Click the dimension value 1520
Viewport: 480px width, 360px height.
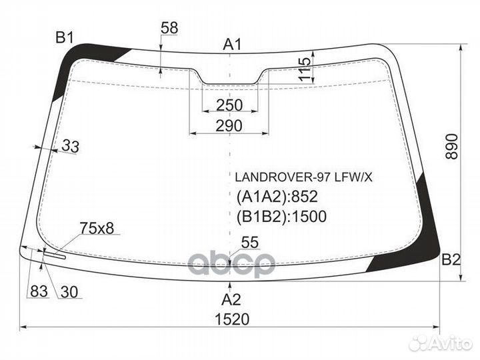(x=231, y=319)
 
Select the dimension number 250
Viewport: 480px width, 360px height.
(x=229, y=105)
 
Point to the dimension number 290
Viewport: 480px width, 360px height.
(x=229, y=125)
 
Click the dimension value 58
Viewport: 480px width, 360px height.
(x=169, y=28)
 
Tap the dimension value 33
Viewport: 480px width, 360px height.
(x=70, y=146)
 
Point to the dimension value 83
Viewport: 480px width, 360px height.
(x=37, y=291)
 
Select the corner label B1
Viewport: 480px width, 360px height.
(x=64, y=38)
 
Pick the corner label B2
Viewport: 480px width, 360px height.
(x=451, y=261)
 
